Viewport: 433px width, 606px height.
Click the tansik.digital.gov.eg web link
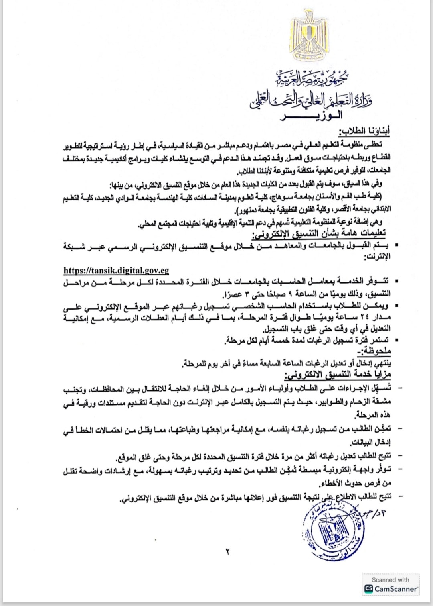pos(116,271)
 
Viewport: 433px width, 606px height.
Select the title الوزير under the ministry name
pos(313,116)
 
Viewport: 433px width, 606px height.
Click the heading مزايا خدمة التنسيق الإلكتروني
pos(338,375)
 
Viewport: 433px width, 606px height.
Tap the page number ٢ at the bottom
pos(227,552)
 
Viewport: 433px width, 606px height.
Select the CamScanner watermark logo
pos(391,589)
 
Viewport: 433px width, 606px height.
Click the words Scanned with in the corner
pos(391,580)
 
